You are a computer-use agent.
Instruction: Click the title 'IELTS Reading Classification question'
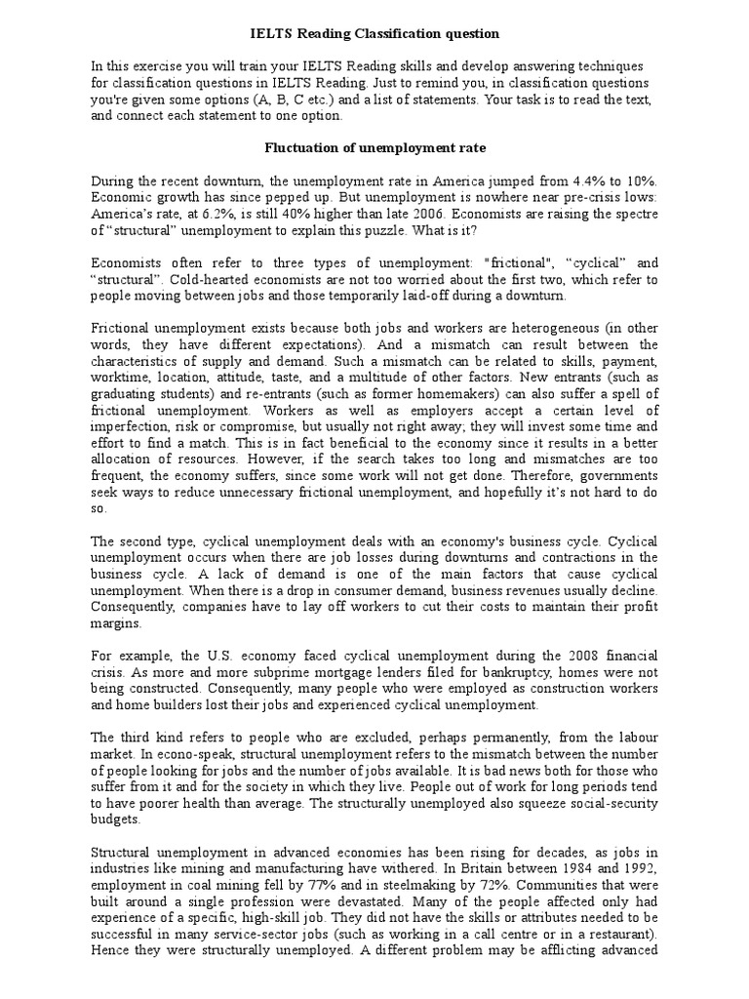(374, 34)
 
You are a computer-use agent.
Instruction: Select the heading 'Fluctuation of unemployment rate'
(374, 147)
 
